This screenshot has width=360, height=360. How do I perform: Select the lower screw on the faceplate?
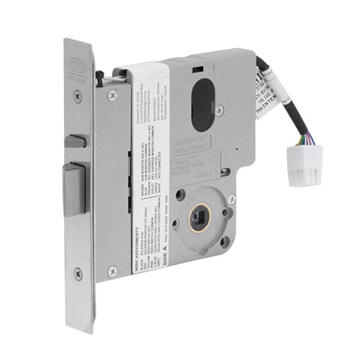pyautogui.click(x=78, y=274)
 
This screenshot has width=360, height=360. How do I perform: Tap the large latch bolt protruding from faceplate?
pyautogui.click(x=74, y=189)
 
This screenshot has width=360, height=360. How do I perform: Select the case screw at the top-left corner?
pyautogui.click(x=112, y=94)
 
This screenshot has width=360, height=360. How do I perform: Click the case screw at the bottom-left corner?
pyautogui.click(x=112, y=271)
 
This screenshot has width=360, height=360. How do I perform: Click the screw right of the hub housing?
pyautogui.click(x=231, y=199)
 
